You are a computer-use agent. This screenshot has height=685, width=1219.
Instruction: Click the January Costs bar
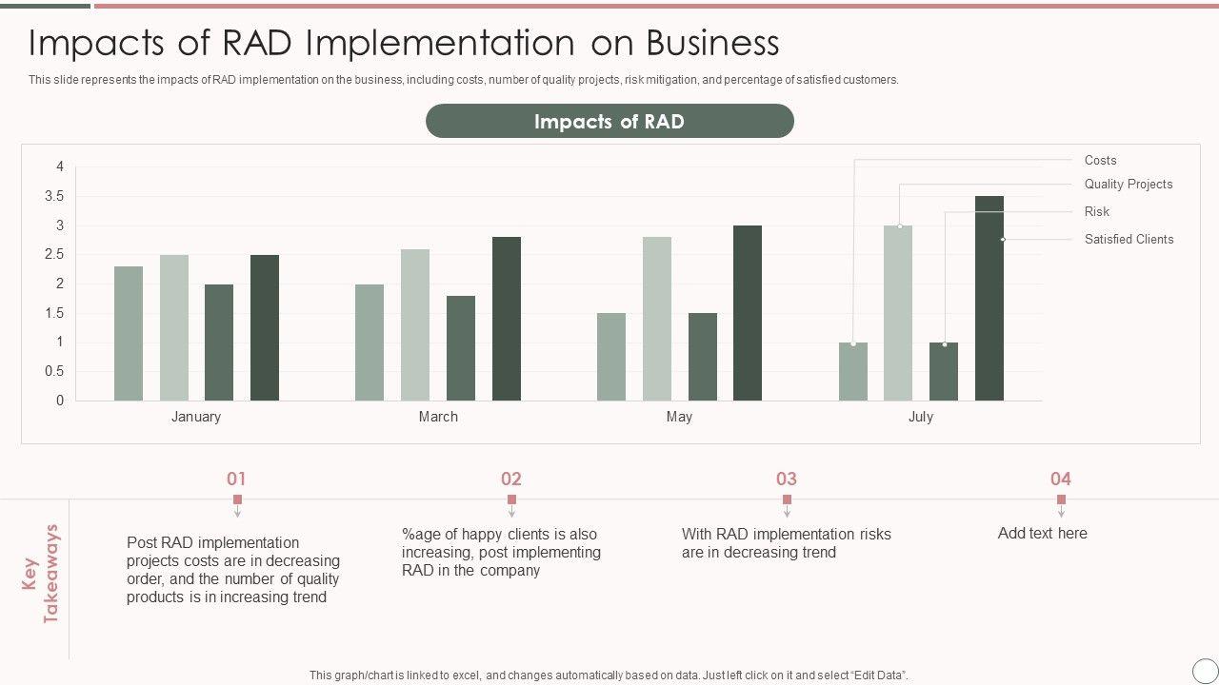(x=129, y=333)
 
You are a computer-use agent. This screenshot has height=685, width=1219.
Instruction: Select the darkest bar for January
(x=265, y=327)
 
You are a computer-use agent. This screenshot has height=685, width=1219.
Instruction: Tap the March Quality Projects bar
(x=415, y=324)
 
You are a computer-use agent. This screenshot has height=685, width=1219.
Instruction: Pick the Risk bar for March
(x=461, y=347)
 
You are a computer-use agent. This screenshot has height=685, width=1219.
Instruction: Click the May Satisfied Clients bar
(x=748, y=313)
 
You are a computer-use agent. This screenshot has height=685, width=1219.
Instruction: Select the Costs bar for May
(x=611, y=357)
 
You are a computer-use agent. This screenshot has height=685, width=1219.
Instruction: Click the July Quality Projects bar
(x=898, y=313)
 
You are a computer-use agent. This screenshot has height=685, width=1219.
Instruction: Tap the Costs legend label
(x=1100, y=160)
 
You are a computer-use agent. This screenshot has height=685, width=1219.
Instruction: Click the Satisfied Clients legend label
(x=1129, y=239)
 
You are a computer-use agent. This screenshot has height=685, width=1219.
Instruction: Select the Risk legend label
(x=1096, y=211)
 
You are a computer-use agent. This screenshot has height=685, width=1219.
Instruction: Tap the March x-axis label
(x=438, y=417)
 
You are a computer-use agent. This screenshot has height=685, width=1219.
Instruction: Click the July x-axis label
(x=920, y=417)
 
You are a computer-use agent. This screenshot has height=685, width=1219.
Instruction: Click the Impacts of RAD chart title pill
(x=609, y=122)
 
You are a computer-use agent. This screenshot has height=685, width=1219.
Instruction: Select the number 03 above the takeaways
(x=786, y=479)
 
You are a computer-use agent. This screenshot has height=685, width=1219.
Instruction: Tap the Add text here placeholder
(x=1042, y=533)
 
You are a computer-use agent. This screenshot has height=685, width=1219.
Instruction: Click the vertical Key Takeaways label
(x=41, y=574)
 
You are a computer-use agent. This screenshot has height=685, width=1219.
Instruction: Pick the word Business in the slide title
(x=712, y=43)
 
